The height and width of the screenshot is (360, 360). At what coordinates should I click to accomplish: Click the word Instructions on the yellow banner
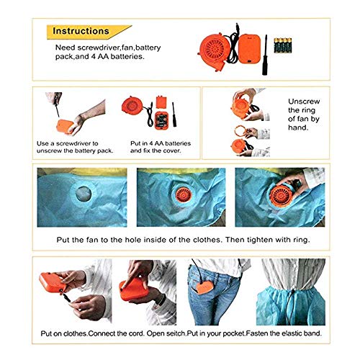tap(81, 31)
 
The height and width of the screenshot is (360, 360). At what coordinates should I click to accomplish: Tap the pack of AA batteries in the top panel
tap(283, 45)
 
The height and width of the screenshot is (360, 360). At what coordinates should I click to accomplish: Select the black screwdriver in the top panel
tap(265, 55)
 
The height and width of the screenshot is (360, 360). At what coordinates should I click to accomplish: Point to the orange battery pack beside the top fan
tap(250, 49)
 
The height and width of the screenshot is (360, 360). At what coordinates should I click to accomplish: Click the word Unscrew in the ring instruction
tap(304, 102)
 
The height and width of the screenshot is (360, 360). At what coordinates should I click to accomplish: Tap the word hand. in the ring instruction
tap(298, 127)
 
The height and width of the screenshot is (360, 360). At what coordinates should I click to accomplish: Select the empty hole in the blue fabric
tap(84, 194)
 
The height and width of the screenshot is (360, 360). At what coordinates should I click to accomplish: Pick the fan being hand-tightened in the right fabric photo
tap(282, 196)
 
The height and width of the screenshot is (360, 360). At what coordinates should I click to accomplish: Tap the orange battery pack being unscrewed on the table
tap(65, 126)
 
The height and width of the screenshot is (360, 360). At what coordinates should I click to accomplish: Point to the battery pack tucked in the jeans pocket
tap(204, 287)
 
